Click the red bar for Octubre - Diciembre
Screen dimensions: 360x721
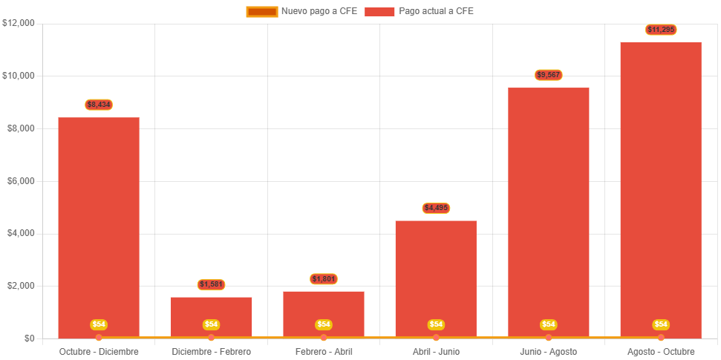(x=99, y=223)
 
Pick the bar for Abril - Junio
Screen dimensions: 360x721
(x=436, y=275)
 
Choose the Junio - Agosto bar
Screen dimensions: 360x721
(x=549, y=208)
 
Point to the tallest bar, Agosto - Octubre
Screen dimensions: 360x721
(x=661, y=186)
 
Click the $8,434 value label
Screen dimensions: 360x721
(x=99, y=105)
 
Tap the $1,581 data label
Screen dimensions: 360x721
(x=212, y=285)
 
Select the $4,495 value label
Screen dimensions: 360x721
(x=436, y=208)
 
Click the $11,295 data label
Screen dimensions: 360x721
(x=661, y=30)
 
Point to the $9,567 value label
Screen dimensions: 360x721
(x=549, y=75)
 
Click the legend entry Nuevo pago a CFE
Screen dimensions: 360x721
(x=301, y=11)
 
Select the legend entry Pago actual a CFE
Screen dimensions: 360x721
(x=420, y=11)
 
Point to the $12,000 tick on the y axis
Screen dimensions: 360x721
(x=19, y=23)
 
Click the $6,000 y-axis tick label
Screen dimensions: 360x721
(x=21, y=181)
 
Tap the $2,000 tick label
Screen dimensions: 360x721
(x=21, y=286)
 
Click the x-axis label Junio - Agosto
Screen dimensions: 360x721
(x=549, y=351)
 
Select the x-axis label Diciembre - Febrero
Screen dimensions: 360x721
(x=212, y=351)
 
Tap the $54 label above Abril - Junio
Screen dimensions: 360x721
(x=436, y=324)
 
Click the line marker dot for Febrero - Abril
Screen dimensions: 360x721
(x=324, y=338)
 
